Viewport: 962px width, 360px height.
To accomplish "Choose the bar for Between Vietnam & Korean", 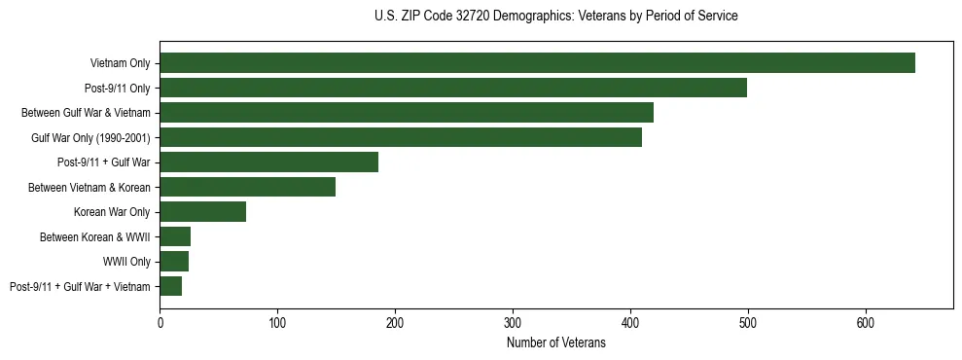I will tap(247, 187).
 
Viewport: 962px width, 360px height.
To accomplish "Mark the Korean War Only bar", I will tap(202, 212).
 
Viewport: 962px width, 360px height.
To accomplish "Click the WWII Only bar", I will tap(174, 262).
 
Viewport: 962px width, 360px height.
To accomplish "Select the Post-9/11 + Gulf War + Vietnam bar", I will tap(170, 286).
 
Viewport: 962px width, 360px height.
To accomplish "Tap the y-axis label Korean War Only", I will tap(111, 212).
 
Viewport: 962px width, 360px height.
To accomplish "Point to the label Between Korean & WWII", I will tap(94, 237).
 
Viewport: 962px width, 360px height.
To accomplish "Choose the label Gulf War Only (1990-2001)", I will tap(90, 138).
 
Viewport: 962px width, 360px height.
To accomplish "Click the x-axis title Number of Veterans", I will tap(555, 342).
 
